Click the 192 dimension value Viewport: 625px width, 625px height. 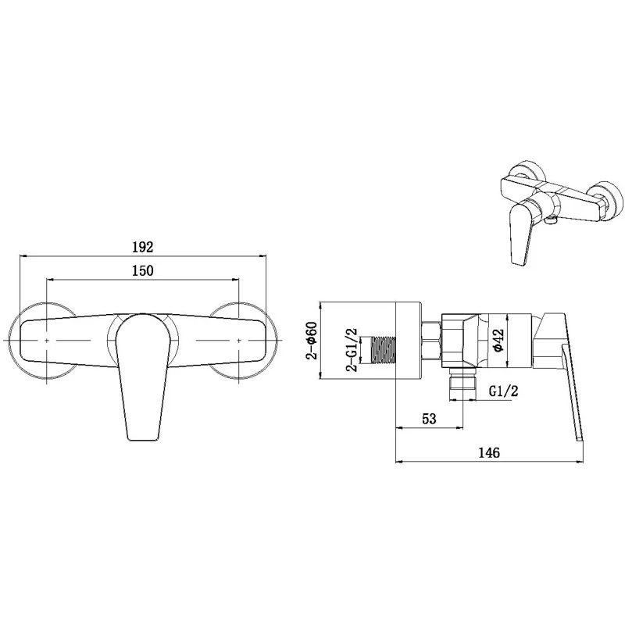click(x=141, y=247)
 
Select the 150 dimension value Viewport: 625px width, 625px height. click(x=141, y=270)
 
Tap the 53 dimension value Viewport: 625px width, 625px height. click(x=429, y=419)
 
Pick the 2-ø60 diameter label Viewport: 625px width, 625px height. click(x=310, y=341)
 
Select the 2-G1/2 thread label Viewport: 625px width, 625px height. click(x=352, y=349)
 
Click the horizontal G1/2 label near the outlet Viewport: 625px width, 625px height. click(x=503, y=391)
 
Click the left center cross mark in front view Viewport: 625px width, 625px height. click(x=48, y=342)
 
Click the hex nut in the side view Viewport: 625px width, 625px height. click(x=431, y=341)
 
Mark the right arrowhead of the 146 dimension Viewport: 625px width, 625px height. click(x=581, y=461)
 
